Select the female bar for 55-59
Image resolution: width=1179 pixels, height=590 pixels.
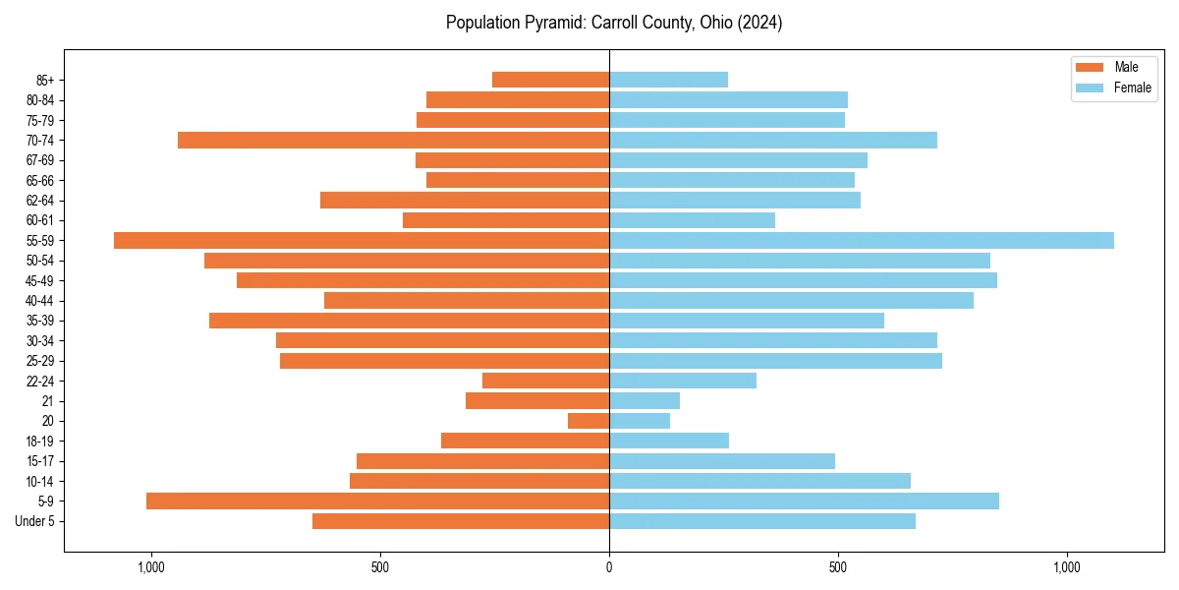(x=862, y=240)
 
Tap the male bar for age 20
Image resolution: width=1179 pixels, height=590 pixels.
(x=589, y=421)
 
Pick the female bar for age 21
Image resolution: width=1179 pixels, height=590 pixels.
(x=645, y=400)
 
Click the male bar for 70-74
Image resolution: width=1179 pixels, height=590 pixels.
(x=393, y=140)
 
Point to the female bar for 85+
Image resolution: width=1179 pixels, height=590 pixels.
(x=668, y=80)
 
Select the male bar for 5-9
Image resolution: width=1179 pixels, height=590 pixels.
(x=378, y=501)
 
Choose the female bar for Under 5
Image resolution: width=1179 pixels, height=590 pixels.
(x=762, y=521)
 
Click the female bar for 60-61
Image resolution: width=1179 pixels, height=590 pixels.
(x=692, y=220)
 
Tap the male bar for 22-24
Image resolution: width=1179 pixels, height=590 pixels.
(x=545, y=381)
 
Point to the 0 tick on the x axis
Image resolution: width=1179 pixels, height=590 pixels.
(x=609, y=567)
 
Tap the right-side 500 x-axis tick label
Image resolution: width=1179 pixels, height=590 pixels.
(x=838, y=567)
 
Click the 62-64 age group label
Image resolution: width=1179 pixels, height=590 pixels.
(x=40, y=201)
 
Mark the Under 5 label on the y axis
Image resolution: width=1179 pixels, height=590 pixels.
(x=34, y=521)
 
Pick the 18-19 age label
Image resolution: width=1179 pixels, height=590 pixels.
(x=40, y=441)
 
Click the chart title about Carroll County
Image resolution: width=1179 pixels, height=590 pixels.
(x=614, y=23)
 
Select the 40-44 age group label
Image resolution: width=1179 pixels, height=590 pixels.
(x=40, y=301)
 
